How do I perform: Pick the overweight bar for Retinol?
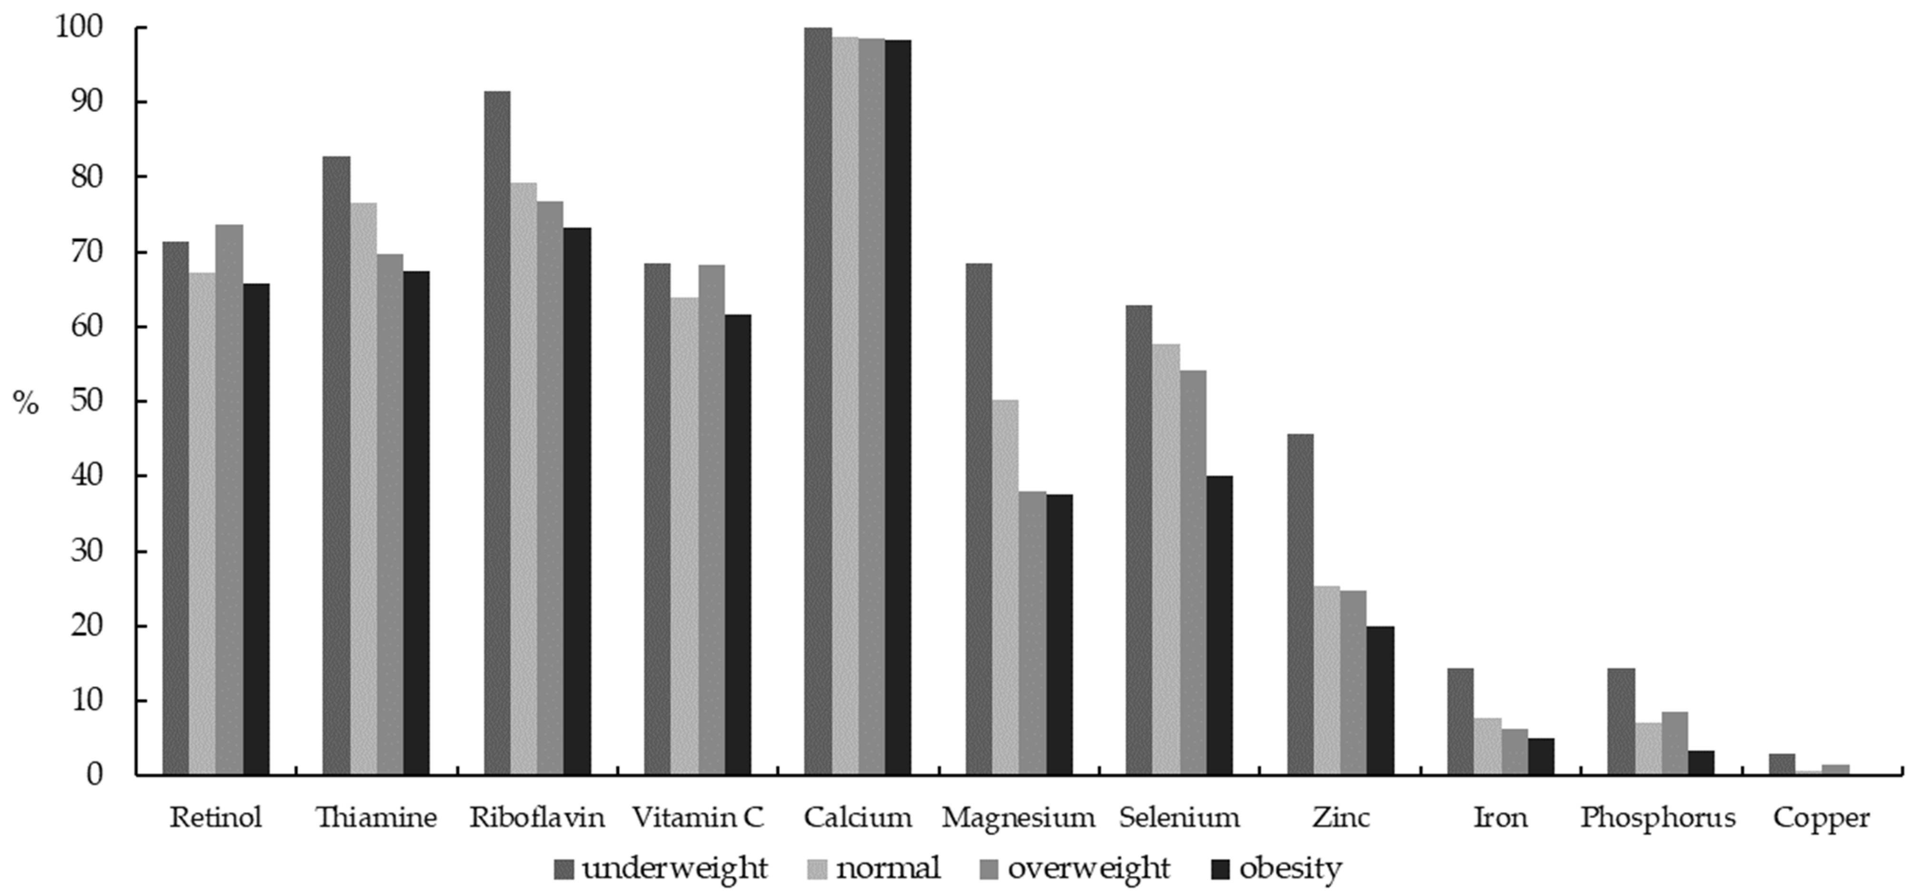click(229, 499)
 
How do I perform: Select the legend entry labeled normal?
click(888, 869)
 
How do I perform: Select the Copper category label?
click(1821, 818)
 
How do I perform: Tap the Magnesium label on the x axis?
click(1018, 818)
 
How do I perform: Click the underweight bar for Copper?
click(1781, 764)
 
